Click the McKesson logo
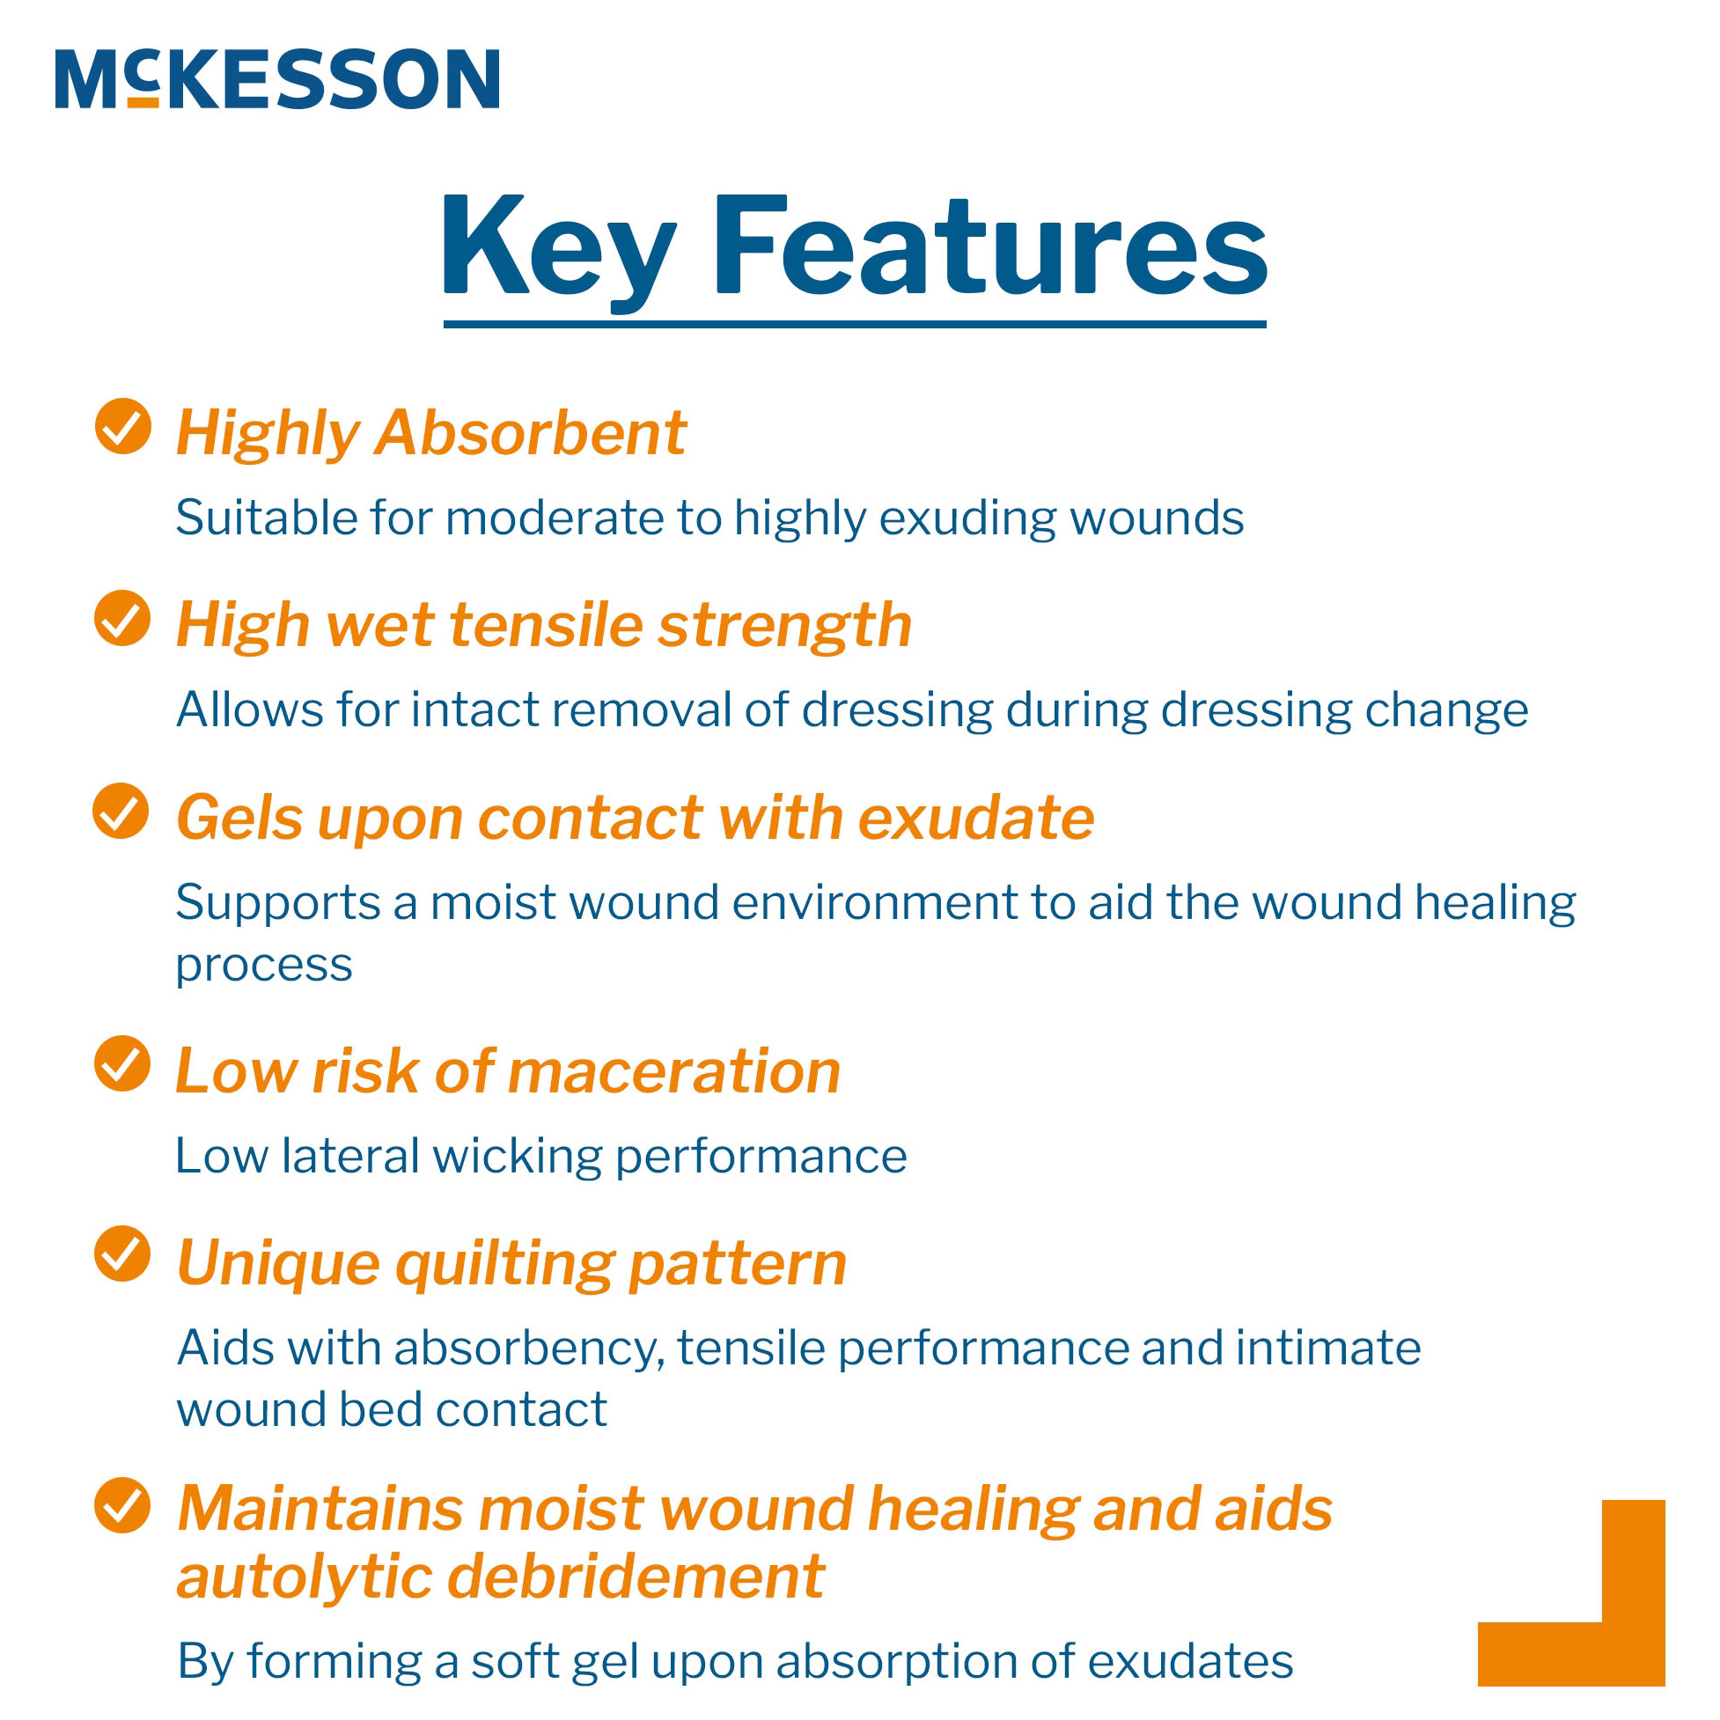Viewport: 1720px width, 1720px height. (277, 79)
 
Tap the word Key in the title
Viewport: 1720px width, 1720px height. (558, 245)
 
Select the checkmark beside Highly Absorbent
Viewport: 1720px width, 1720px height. (123, 426)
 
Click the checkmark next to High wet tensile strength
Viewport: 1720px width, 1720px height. (123, 619)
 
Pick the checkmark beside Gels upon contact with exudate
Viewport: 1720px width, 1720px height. (121, 811)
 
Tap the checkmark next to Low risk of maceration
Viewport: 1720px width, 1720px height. (123, 1064)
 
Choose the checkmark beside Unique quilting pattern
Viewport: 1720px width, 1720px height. (123, 1254)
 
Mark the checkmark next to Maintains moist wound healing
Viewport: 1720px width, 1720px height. (123, 1506)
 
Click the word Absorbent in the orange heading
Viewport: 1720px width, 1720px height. (531, 433)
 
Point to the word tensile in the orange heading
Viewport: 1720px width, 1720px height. (547, 625)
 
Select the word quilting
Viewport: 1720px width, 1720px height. (504, 1264)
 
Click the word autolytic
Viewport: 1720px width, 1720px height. (303, 1578)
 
